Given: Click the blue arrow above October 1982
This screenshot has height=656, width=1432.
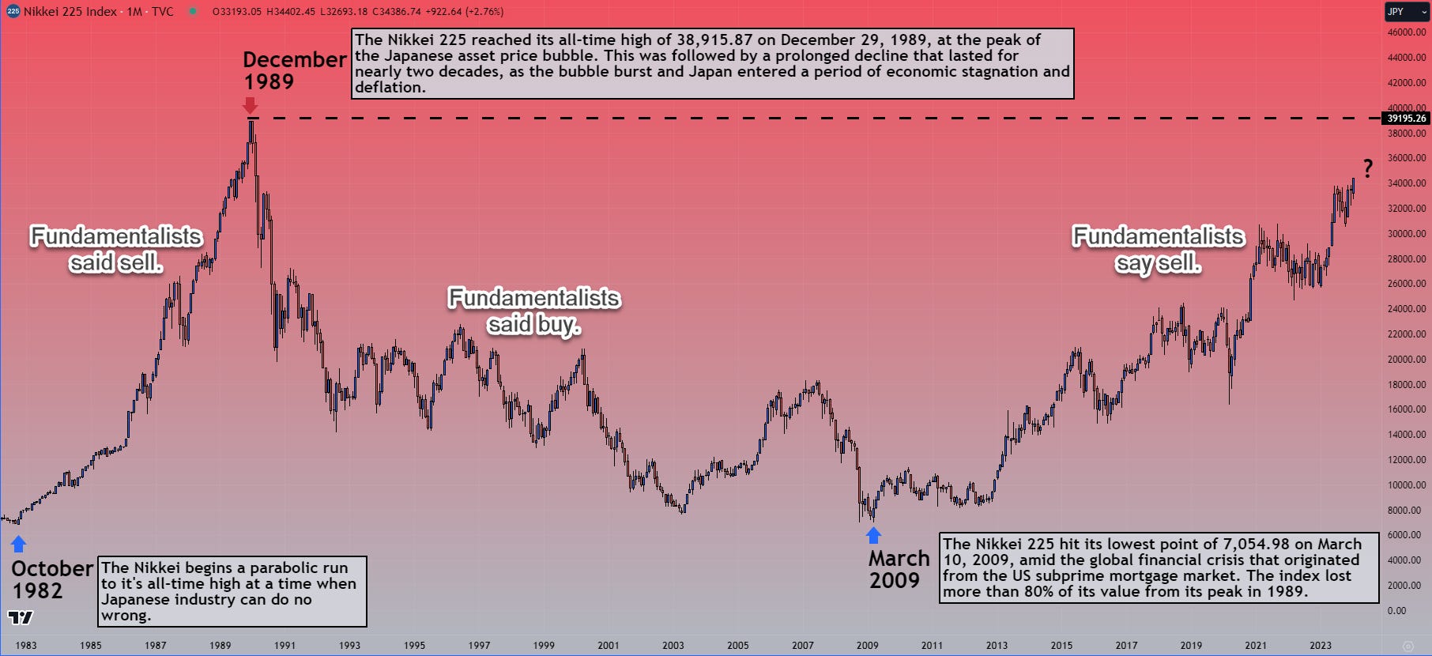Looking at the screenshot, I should (x=18, y=544).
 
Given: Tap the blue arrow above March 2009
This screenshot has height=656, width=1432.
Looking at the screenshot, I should (x=873, y=535).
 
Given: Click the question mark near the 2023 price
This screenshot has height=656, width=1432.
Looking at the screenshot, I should (x=1367, y=168).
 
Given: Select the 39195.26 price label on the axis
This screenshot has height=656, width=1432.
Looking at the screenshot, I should (x=1407, y=119).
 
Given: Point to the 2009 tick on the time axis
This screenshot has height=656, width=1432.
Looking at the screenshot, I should (x=867, y=645).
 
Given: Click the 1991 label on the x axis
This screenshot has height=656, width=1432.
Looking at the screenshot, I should (x=285, y=645).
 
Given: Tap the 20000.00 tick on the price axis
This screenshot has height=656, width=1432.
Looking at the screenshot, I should (x=1407, y=360).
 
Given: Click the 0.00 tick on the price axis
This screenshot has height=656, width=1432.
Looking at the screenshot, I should (x=1396, y=611).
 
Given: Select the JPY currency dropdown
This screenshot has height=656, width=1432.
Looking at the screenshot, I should (x=1406, y=12).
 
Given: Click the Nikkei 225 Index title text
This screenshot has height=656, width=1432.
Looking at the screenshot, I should (x=70, y=12).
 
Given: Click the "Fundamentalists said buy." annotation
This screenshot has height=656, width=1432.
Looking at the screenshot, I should (x=534, y=311).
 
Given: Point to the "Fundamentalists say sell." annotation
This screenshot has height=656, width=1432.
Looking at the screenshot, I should (x=1158, y=249).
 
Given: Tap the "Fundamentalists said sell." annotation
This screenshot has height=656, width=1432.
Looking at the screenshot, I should (x=116, y=249).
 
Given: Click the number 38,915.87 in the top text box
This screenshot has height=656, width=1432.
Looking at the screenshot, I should (x=714, y=40).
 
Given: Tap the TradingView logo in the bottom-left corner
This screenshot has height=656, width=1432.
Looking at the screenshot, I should (x=21, y=617).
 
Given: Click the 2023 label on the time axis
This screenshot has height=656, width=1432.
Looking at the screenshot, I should (x=1320, y=645).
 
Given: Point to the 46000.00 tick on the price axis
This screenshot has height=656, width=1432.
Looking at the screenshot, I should (x=1407, y=32).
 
